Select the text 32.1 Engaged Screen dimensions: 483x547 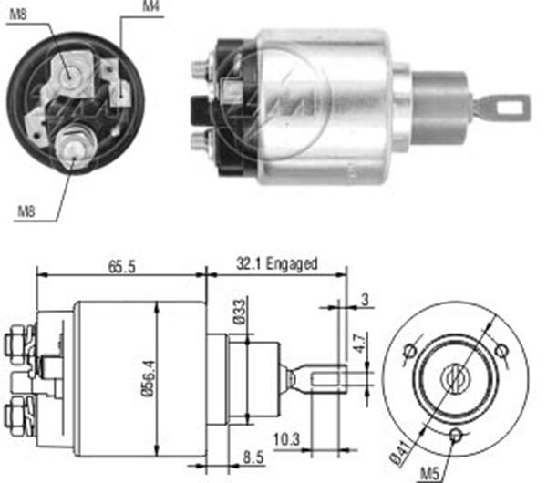click(277, 263)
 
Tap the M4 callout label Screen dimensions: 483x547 click(153, 8)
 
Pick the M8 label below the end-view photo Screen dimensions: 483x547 click(26, 212)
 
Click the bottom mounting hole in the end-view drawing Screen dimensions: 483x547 click(456, 435)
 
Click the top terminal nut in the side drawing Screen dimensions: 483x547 click(15, 343)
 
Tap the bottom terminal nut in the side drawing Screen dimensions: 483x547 click(15, 416)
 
